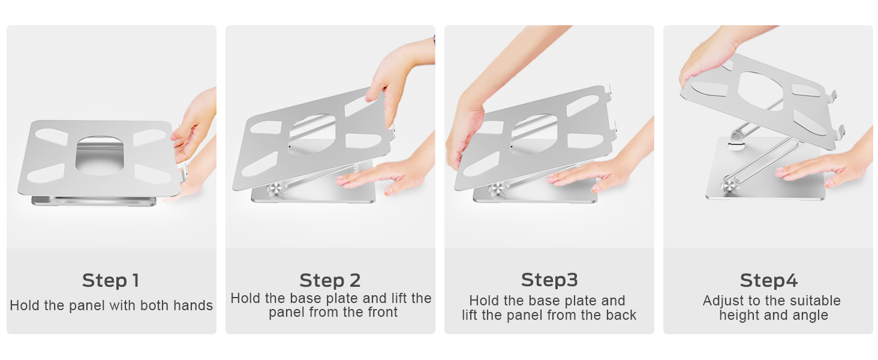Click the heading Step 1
point(110,280)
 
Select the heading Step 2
point(330,280)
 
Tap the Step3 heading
point(549,280)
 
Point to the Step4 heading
point(768,280)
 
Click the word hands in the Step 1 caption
point(193,305)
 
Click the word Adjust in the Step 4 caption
point(723,301)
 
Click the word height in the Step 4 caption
point(739,315)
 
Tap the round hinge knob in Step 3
point(497,190)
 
